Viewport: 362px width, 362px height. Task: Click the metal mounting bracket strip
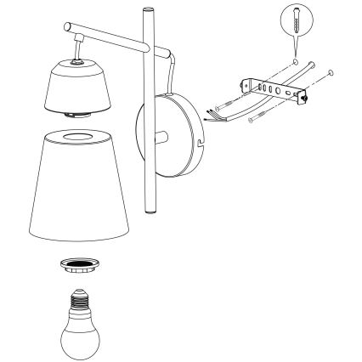point(272,89)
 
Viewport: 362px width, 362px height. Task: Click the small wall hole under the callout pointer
point(294,61)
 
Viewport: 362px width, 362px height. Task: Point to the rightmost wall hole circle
point(332,74)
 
